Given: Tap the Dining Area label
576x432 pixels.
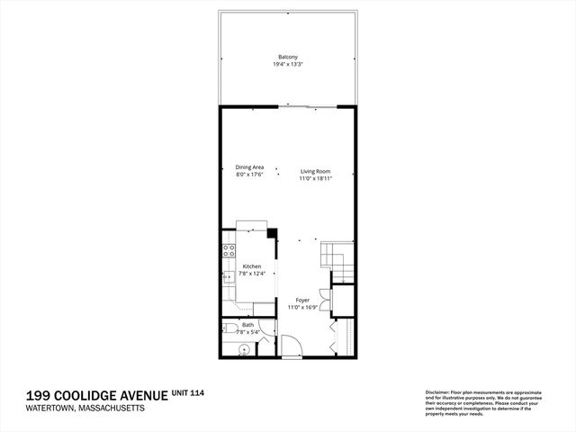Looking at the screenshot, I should click(x=249, y=167).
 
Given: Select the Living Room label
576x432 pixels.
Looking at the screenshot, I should click(x=315, y=172).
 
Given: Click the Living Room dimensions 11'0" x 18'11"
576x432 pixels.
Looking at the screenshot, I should click(x=315, y=179).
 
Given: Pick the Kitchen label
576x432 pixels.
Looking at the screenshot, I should click(x=252, y=266).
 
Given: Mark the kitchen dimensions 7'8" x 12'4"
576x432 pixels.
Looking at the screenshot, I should click(x=251, y=274).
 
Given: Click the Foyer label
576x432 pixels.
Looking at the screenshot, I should click(x=301, y=301).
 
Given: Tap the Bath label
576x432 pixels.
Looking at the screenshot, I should click(x=247, y=325).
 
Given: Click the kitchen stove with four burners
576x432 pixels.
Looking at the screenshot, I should click(x=229, y=251).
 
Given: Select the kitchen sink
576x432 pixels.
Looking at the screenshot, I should click(x=227, y=278).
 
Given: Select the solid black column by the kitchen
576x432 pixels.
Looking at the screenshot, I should click(x=272, y=232).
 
